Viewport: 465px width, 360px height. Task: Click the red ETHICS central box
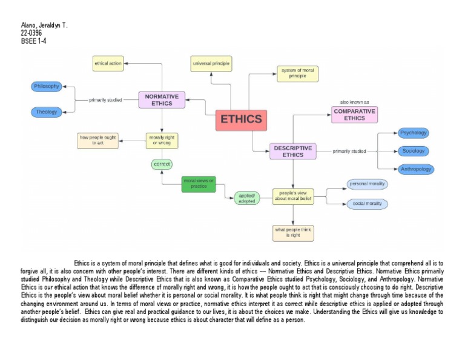[241, 119]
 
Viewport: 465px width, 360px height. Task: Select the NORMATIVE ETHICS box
[162, 100]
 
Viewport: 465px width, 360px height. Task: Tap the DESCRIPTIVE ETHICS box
[293, 151]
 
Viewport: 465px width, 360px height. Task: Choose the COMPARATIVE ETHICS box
[354, 115]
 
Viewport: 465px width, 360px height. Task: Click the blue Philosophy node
[47, 86]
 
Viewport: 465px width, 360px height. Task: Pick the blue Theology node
[47, 112]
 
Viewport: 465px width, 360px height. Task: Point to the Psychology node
[414, 133]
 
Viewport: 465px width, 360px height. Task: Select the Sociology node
[414, 151]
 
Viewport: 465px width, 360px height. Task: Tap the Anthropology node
[416, 169]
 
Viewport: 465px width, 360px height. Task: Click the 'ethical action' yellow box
[108, 63]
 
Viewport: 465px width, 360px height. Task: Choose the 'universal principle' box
[211, 63]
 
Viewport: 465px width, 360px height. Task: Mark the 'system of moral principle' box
[297, 73]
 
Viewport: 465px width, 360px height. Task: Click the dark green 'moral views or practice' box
[199, 184]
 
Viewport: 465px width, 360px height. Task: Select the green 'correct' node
[162, 164]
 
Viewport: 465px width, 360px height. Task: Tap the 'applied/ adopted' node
[247, 198]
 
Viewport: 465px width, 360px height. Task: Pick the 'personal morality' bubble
[368, 184]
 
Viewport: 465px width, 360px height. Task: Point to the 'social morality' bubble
[368, 204]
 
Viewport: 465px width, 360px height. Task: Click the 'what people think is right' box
[293, 233]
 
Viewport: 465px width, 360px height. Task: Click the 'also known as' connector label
[354, 102]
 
